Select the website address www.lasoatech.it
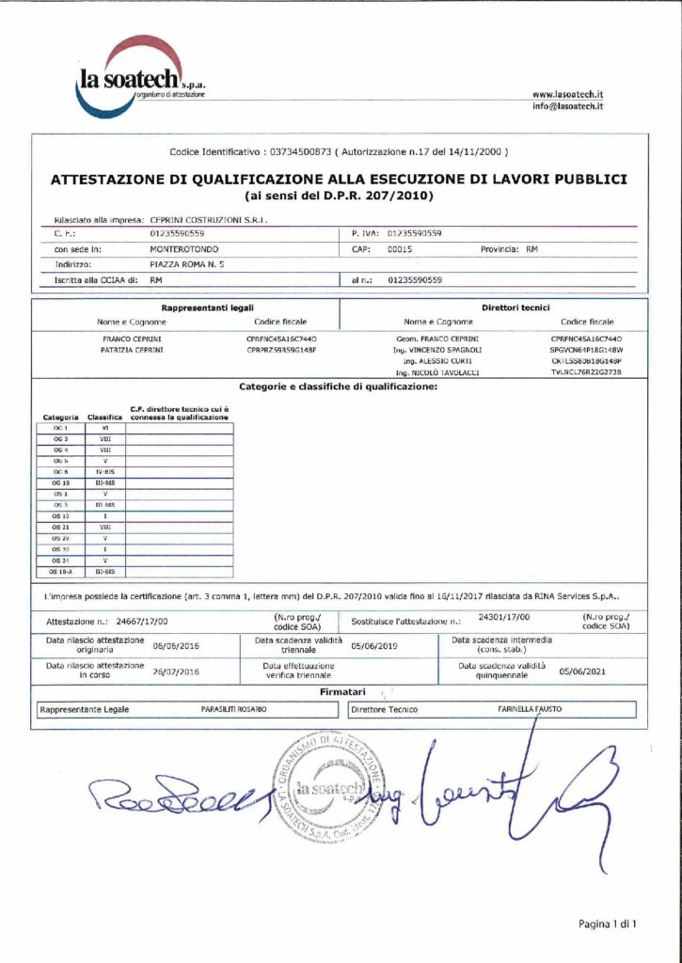(567, 94)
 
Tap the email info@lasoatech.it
(567, 106)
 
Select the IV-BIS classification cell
(104, 471)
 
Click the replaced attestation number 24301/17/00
(504, 618)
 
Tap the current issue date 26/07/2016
(176, 671)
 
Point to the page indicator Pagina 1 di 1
(608, 924)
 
